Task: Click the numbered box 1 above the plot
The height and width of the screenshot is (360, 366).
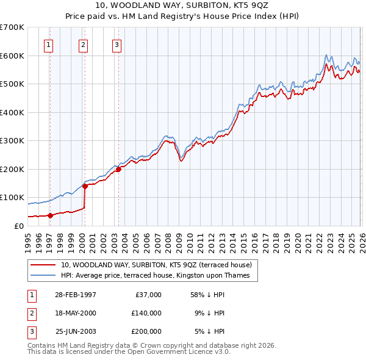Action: (x=48, y=44)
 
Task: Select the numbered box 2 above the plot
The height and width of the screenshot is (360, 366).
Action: (x=83, y=44)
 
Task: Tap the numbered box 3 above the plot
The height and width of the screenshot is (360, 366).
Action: (x=117, y=44)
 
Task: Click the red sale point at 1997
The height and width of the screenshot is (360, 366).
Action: (x=51, y=215)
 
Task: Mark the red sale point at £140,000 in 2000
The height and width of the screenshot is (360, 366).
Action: (x=85, y=186)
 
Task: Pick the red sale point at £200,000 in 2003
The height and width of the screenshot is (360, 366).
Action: (x=118, y=169)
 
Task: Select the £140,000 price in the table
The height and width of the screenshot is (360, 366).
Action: (x=146, y=313)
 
